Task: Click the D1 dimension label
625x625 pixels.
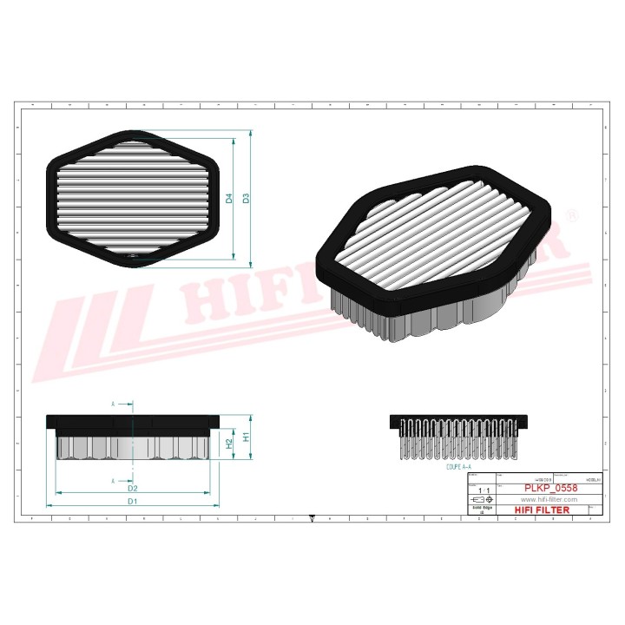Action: coord(132,501)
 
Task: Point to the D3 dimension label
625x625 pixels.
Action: coord(247,198)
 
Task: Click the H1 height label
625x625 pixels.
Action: coord(246,436)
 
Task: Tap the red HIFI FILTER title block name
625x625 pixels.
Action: coord(543,510)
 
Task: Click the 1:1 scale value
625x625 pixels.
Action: coord(481,490)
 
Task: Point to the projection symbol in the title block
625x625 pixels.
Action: coord(481,501)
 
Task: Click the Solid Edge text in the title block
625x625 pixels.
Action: coord(481,510)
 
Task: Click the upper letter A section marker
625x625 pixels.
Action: coord(113,404)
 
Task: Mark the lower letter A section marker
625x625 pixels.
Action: coord(113,480)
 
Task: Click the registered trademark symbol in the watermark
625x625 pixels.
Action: coord(570,214)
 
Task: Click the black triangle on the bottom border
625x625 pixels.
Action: coord(312,521)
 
